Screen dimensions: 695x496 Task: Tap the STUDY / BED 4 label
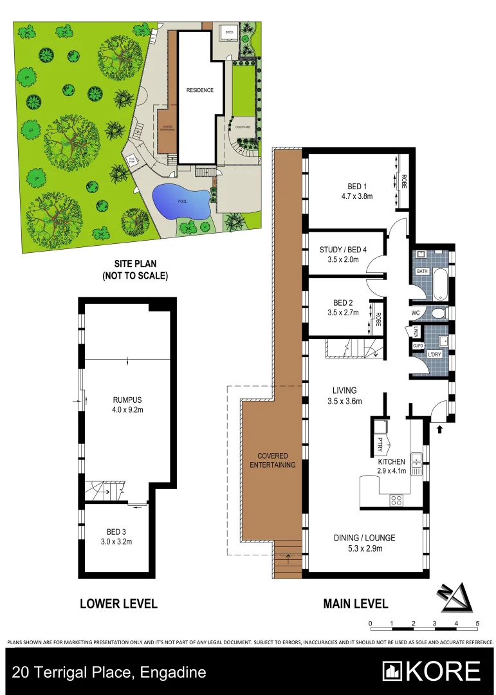pos(343,250)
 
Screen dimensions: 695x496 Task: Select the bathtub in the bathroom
pos(440,286)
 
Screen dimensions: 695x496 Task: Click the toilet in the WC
pos(439,313)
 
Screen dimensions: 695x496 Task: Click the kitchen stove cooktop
pos(397,499)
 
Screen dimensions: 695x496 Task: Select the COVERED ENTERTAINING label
pos(272,460)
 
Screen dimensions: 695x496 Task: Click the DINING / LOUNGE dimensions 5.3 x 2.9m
pos(364,549)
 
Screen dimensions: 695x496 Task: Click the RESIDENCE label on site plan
pos(199,90)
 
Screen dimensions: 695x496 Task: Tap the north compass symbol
pos(458,598)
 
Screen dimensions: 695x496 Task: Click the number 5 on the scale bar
pos(477,624)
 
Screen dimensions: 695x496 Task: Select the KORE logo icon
pos(392,671)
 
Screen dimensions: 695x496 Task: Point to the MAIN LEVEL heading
pos(355,604)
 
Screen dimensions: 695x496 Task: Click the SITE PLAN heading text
pos(135,264)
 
